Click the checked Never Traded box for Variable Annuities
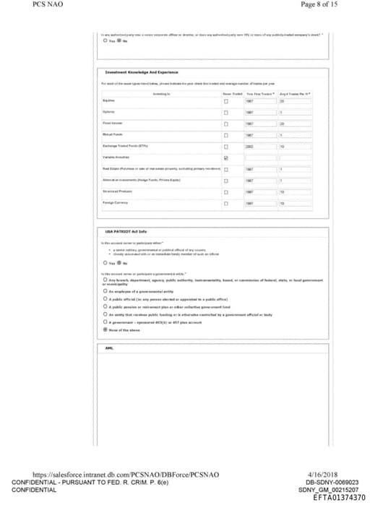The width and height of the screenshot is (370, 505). pos(226,157)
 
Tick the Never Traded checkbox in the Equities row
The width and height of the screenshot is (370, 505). pos(226,102)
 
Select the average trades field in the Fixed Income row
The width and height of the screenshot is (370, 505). pos(295,124)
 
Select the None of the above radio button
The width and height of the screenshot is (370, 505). pos(105,329)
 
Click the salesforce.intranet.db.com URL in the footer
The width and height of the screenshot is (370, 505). pos(121,474)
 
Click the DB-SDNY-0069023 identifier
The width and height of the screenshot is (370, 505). pos(332,482)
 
